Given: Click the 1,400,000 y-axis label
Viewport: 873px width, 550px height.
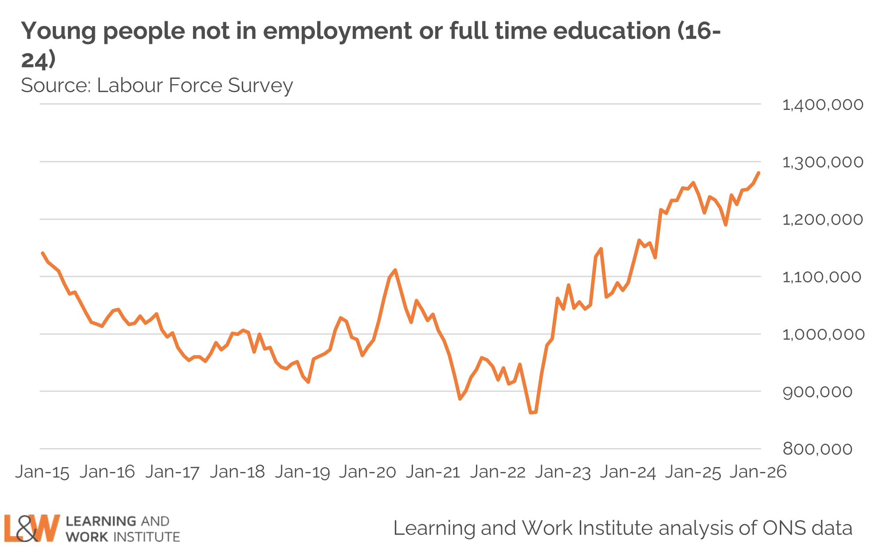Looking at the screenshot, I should tap(822, 105).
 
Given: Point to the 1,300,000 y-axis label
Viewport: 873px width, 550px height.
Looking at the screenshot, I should tap(822, 162).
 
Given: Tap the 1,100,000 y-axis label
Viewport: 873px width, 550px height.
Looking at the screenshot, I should tap(822, 277).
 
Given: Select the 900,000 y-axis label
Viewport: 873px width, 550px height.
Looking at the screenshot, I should tap(817, 392).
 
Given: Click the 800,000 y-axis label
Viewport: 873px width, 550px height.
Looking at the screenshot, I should tap(817, 449).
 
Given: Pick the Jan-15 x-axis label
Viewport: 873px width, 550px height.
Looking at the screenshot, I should tap(42, 472).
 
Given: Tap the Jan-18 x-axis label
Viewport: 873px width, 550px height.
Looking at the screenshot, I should tap(237, 472).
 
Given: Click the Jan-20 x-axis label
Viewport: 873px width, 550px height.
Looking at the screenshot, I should tap(367, 472).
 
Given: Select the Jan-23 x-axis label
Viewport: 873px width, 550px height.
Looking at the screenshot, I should tap(562, 472).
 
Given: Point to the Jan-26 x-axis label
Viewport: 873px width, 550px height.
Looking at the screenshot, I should tap(758, 472).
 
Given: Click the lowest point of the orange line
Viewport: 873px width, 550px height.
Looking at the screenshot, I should tap(531, 413).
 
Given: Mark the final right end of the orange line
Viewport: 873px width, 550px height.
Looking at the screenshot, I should tap(759, 173).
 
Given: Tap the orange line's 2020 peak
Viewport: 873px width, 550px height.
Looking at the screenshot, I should tap(395, 270).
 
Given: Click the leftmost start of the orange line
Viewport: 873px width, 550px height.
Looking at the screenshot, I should tap(43, 253).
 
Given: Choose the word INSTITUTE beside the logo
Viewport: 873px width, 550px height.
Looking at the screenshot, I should tap(147, 537).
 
